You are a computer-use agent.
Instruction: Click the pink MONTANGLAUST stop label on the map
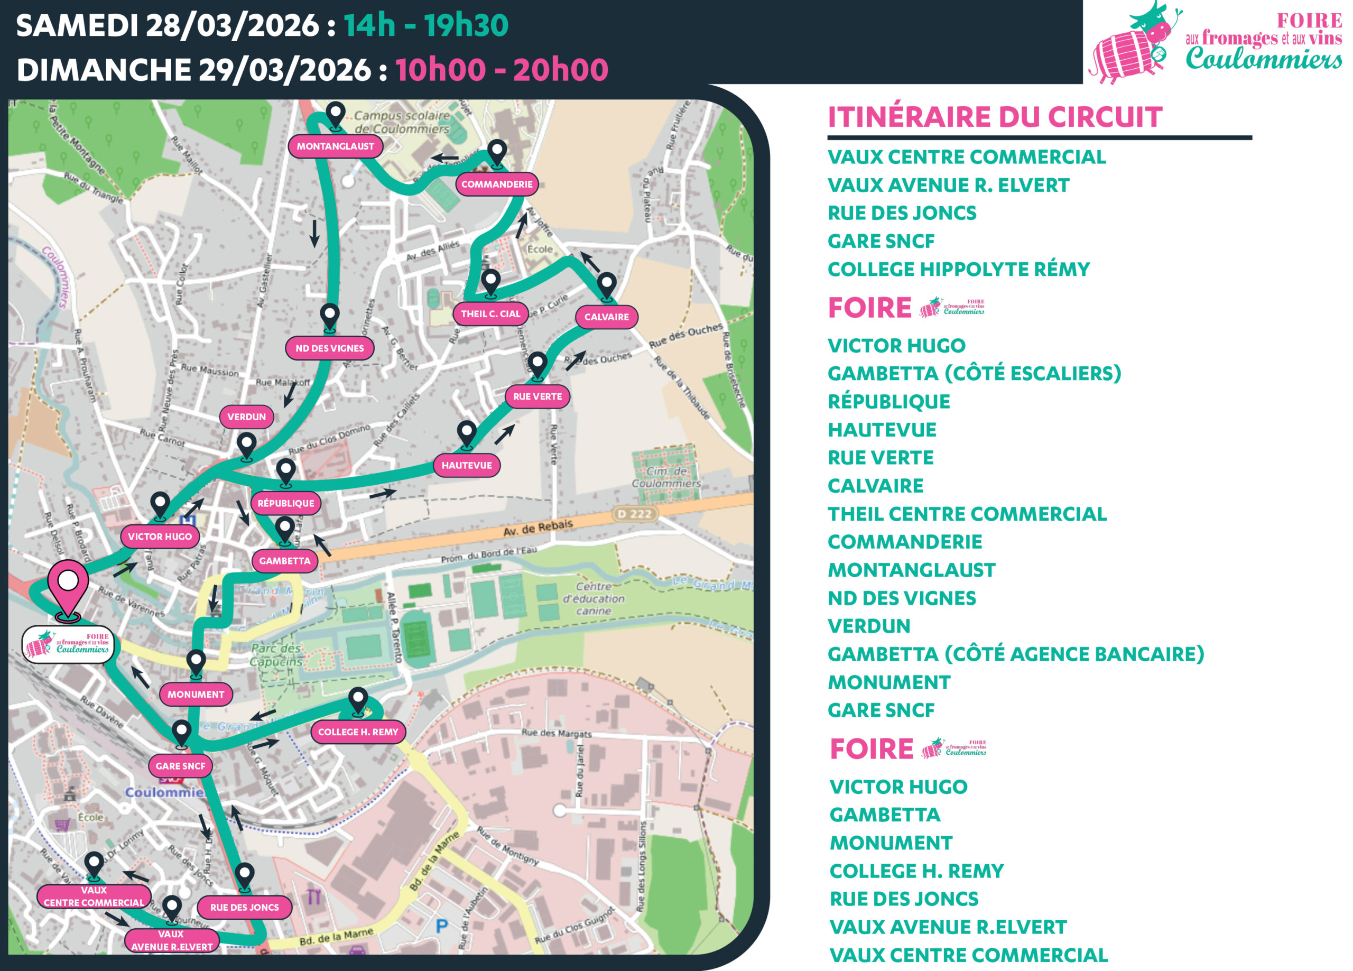(x=335, y=146)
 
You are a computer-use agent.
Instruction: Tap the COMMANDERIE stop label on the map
(x=496, y=184)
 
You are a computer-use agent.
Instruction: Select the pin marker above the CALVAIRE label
(x=607, y=285)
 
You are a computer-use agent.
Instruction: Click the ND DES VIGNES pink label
(x=329, y=348)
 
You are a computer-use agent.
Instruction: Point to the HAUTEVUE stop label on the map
(x=467, y=466)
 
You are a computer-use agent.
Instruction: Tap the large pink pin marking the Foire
(x=68, y=588)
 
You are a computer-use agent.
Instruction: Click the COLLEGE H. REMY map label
(x=357, y=732)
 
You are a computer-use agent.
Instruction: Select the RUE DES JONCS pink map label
(x=244, y=907)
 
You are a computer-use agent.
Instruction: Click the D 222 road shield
(x=634, y=514)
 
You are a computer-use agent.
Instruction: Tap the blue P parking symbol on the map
(x=441, y=926)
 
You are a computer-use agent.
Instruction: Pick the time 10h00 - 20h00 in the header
(x=501, y=70)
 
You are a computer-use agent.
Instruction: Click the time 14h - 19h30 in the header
(x=426, y=26)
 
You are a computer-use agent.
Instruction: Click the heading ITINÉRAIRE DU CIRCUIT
(x=995, y=117)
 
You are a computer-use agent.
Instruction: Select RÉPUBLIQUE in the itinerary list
(x=888, y=402)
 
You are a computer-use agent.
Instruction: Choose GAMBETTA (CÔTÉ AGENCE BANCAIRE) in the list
(x=1015, y=654)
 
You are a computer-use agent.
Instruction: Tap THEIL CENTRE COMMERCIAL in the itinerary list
(x=967, y=514)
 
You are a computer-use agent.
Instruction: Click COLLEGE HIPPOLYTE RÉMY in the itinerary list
(x=958, y=269)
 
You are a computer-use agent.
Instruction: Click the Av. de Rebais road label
(x=538, y=528)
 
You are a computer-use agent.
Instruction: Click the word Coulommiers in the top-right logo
(x=1263, y=60)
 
